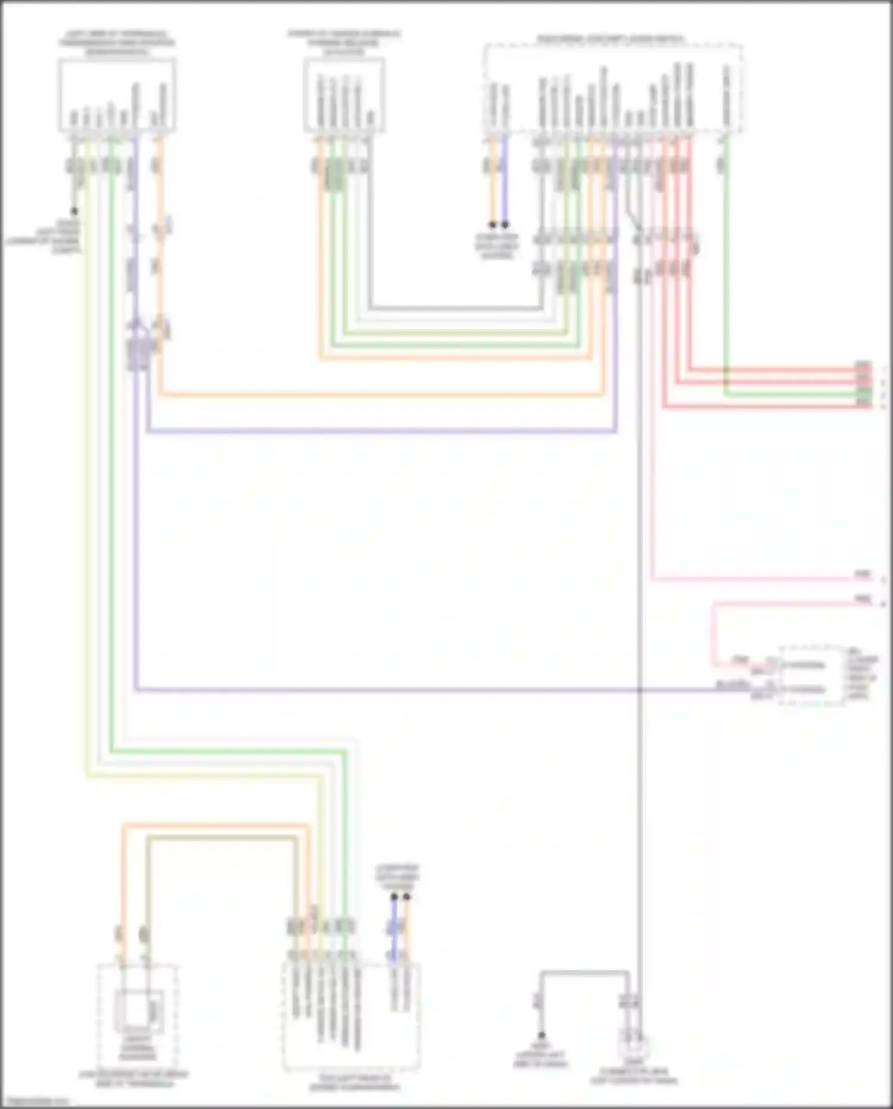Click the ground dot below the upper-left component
pos(74,212)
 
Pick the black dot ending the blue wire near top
pos(505,225)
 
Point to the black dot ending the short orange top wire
pos(493,225)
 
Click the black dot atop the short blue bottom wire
pos(394,896)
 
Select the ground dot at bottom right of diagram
pos(542,1035)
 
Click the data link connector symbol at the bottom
pos(635,1046)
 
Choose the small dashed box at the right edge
pos(813,676)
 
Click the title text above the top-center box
pos(344,42)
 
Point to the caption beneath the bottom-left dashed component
pos(134,1079)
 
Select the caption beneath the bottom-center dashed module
pos(354,1083)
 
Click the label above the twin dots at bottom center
pos(397,877)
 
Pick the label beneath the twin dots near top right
pos(497,246)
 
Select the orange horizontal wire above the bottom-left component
pos(214,826)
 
